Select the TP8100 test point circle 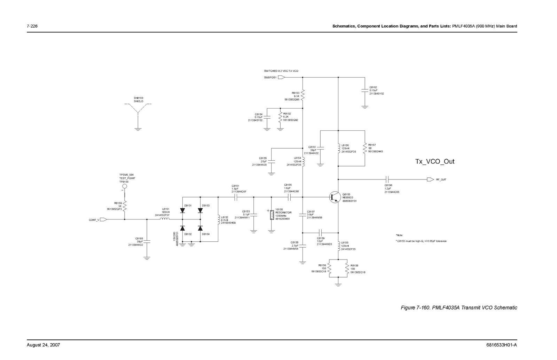click(x=124, y=186)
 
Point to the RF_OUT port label click(x=441, y=179)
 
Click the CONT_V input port click(x=103, y=219)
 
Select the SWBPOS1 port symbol click(x=282, y=78)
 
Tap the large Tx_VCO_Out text click(x=435, y=161)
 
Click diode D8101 click(x=182, y=210)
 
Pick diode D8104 click(x=200, y=228)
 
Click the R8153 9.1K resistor click(x=303, y=94)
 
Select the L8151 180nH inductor click(x=165, y=219)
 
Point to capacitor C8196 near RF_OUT click(x=387, y=179)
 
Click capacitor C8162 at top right click(x=364, y=91)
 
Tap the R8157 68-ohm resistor click(x=364, y=149)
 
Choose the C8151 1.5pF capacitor click(x=236, y=197)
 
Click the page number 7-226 click(x=32, y=26)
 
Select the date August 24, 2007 click(x=44, y=345)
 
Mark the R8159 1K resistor click(x=124, y=206)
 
